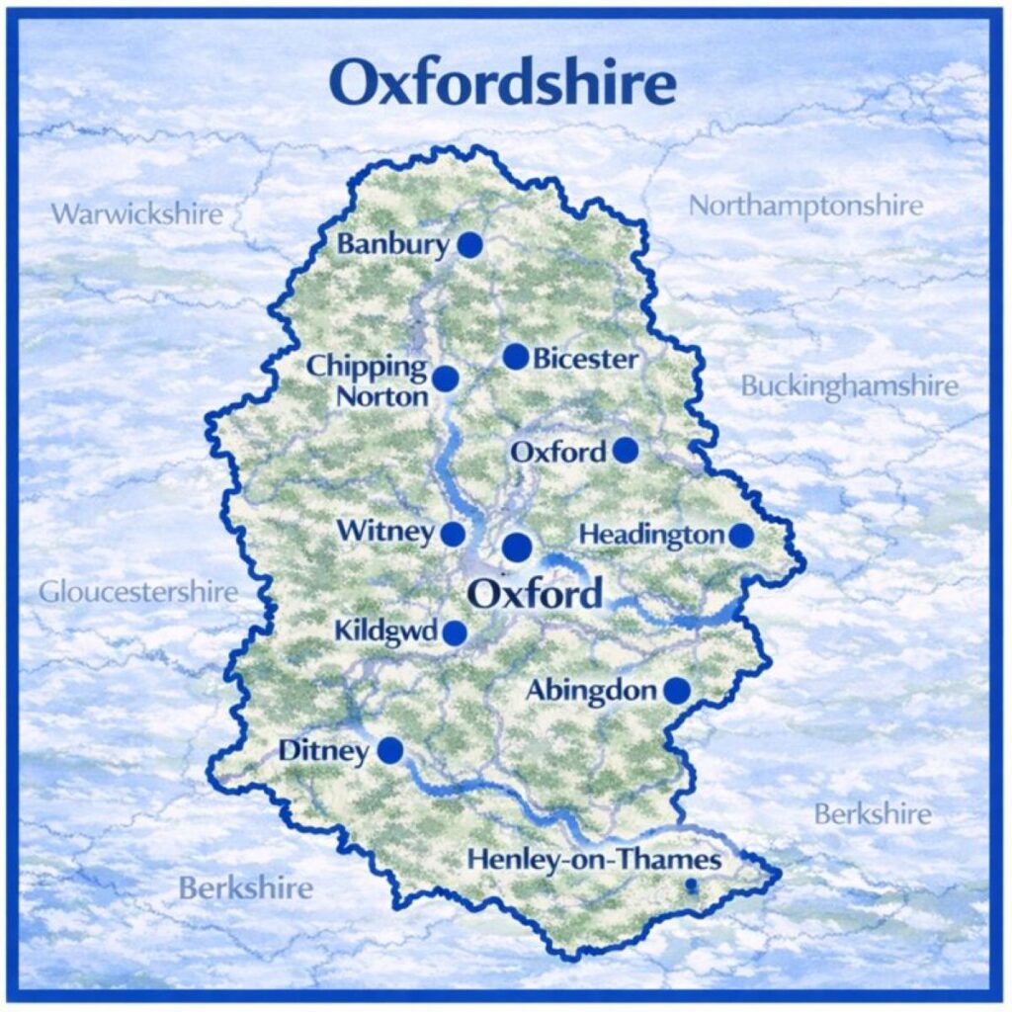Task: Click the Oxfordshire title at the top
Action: click(504, 84)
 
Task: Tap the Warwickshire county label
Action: click(136, 213)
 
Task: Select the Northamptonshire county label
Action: click(805, 206)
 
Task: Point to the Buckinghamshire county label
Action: click(849, 385)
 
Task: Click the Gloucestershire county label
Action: click(138, 592)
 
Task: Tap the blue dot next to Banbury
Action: click(469, 244)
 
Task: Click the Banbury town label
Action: click(393, 244)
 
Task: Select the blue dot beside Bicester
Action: click(515, 357)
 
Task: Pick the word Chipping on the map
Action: click(367, 367)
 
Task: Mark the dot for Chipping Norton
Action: click(446, 379)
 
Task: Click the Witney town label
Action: click(385, 532)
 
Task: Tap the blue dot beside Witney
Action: click(453, 534)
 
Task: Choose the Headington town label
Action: click(651, 535)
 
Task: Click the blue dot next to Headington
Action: click(740, 535)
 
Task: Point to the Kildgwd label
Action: click(385, 631)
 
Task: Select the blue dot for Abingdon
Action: click(676, 691)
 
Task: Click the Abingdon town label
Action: click(591, 691)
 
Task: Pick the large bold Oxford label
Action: click(534, 595)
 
